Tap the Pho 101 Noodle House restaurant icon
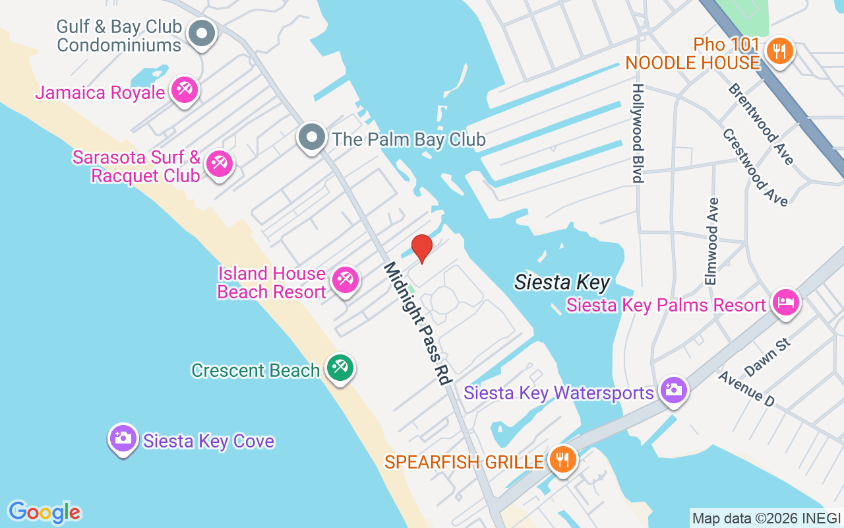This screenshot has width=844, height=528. (x=779, y=51)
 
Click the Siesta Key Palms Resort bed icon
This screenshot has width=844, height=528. (x=785, y=303)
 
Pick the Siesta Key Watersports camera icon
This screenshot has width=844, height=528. (x=673, y=390)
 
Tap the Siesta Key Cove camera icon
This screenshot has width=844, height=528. (x=123, y=438)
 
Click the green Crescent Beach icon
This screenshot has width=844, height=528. (x=340, y=368)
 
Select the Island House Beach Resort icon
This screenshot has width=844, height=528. (x=344, y=280)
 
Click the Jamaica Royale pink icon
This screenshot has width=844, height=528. (x=184, y=90)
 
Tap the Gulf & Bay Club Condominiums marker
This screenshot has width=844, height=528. (x=202, y=33)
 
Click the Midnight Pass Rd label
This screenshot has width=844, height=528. (x=417, y=323)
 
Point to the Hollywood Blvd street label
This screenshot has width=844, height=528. (x=638, y=133)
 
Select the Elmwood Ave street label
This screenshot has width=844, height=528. (x=711, y=241)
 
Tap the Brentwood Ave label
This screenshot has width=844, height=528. (x=760, y=123)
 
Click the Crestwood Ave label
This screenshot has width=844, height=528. (x=754, y=167)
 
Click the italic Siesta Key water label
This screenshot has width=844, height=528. (x=562, y=282)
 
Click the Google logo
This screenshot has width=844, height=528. (x=44, y=511)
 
